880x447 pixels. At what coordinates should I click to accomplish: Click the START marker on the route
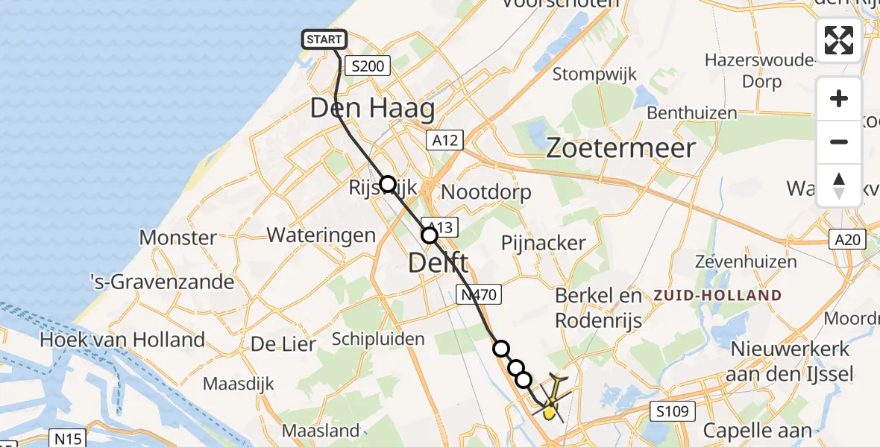[x=324, y=39]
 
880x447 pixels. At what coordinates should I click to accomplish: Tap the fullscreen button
[x=839, y=40]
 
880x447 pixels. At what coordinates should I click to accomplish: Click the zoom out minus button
[x=839, y=142]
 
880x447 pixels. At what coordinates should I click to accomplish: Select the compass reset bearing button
[x=839, y=185]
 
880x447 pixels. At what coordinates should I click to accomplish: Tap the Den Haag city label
[x=372, y=109]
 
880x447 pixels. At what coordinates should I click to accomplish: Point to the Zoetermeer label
[x=620, y=148]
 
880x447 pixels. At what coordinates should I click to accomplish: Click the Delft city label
[x=439, y=262]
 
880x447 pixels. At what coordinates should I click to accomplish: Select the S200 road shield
[x=367, y=66]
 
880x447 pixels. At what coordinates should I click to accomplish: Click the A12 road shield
[x=445, y=139]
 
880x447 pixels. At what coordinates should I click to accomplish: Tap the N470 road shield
[x=477, y=295]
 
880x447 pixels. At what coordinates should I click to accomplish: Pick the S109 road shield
[x=672, y=410]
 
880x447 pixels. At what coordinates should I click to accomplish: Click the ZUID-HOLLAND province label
[x=717, y=296]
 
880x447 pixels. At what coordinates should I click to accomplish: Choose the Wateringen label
[x=321, y=235]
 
